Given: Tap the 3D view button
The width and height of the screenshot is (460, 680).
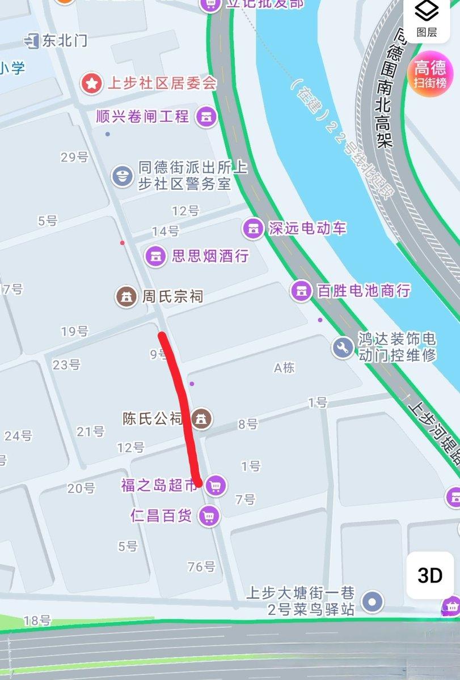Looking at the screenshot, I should pos(429,576).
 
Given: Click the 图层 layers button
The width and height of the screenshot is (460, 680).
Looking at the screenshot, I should pos(427,18).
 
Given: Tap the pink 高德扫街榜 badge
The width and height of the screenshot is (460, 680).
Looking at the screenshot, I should pos(430,75).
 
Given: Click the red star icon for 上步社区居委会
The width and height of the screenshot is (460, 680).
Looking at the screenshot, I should pos(90,84).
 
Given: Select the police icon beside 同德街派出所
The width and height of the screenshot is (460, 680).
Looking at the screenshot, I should pos(122,176).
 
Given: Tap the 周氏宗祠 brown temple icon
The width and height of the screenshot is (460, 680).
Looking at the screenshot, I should pos(126,296).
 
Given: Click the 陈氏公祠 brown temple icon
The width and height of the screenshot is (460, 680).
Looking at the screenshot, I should pos(200,419).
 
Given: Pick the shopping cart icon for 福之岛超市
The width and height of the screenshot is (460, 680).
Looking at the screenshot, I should pos(215,485).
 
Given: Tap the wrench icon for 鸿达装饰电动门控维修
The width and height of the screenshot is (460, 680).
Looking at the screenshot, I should pos(342,347).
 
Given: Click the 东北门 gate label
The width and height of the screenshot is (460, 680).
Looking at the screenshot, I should pos(64,40).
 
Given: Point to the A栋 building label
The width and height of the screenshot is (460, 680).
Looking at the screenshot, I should pos(284,368).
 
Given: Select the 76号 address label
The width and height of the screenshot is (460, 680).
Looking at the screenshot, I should pos(201,566).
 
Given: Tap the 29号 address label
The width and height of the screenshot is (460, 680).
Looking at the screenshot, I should pos(74,157).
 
